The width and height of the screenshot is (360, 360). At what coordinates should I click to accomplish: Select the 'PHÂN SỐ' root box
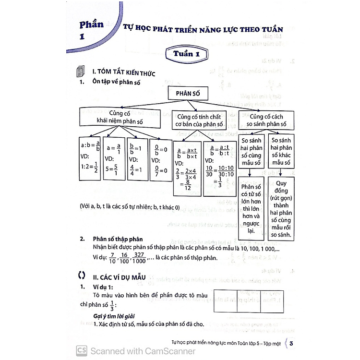click(x=190, y=94)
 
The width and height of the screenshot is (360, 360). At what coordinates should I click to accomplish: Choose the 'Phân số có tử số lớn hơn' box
click(x=251, y=206)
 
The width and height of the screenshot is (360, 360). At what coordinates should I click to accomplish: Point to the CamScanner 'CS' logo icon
click(x=82, y=350)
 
